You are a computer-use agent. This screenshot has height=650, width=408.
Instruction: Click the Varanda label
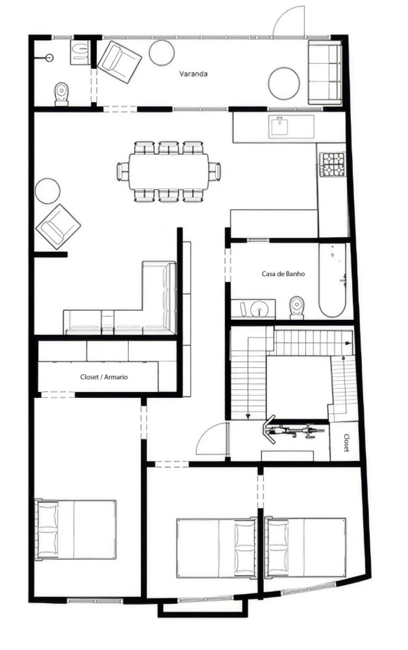pyautogui.click(x=193, y=73)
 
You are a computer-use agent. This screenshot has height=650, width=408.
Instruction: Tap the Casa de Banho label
pyautogui.click(x=283, y=274)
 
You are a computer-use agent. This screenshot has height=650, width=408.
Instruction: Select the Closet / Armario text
pyautogui.click(x=104, y=376)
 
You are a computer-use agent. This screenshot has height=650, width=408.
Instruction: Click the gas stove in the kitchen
pyautogui.click(x=333, y=164)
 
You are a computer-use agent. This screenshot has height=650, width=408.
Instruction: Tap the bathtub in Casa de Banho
pyautogui.click(x=334, y=280)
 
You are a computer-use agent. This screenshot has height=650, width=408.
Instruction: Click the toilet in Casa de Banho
pyautogui.click(x=296, y=306)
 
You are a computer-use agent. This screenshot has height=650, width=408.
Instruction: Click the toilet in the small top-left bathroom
pyautogui.click(x=62, y=94)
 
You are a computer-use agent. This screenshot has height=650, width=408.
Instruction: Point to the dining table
pyautogui.click(x=169, y=171)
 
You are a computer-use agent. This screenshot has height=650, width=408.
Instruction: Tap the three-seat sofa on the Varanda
pyautogui.click(x=324, y=72)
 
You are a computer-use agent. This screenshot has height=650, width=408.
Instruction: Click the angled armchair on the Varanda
pyautogui.click(x=119, y=62)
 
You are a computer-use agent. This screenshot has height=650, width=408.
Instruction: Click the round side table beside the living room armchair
pyautogui.click(x=48, y=191)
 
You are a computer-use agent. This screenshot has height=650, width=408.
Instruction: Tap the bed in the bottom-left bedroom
pyautogui.click(x=76, y=529)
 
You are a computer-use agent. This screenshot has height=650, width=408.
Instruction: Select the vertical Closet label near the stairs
pyautogui.click(x=346, y=443)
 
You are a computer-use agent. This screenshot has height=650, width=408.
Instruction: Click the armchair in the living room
pyautogui.click(x=58, y=226)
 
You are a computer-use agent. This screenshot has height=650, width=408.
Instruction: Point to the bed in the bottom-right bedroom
pyautogui.click(x=306, y=547)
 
